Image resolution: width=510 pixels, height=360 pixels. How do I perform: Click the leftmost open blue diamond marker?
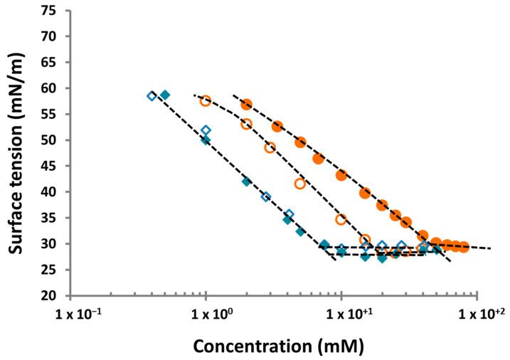point(152,95)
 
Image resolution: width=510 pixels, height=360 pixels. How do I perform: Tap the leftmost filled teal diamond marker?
point(165,95)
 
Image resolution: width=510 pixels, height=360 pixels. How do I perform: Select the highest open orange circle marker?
point(206,101)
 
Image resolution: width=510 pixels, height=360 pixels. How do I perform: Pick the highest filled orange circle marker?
point(246,105)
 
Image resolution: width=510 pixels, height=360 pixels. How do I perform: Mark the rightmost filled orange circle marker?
point(464,247)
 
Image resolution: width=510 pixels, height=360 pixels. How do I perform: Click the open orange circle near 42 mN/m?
point(300,184)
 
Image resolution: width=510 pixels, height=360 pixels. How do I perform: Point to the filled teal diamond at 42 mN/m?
point(247,181)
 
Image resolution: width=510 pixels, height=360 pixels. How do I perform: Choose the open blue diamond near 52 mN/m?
point(206,130)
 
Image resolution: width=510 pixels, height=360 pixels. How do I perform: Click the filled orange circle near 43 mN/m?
point(341,174)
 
